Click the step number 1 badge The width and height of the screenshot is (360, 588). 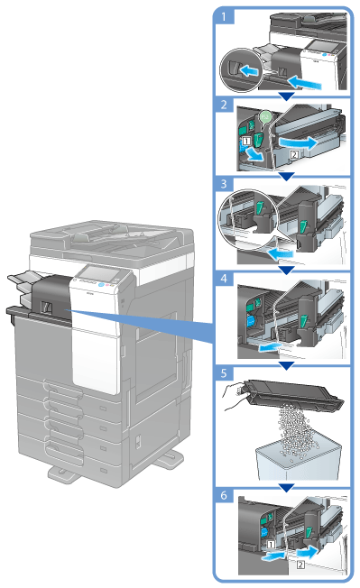(225, 16)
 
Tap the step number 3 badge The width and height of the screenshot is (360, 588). (224, 184)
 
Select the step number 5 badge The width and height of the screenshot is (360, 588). (224, 373)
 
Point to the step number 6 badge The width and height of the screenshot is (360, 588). (224, 495)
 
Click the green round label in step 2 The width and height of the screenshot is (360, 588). (265, 117)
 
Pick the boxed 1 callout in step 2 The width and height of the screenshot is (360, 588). (246, 142)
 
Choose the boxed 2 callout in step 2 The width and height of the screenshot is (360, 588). (294, 153)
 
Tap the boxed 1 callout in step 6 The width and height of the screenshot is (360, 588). (271, 544)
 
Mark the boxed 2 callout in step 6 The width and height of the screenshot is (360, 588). (300, 565)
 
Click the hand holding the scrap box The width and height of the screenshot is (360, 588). (235, 397)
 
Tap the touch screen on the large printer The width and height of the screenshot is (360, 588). (102, 274)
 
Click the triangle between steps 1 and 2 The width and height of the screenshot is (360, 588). (287, 96)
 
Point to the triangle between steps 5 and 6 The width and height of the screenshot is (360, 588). (287, 488)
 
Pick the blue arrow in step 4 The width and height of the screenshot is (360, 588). (270, 347)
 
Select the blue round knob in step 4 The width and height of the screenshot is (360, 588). (251, 321)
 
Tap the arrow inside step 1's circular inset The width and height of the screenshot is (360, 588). (248, 69)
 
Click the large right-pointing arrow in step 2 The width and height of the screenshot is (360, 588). (298, 142)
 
